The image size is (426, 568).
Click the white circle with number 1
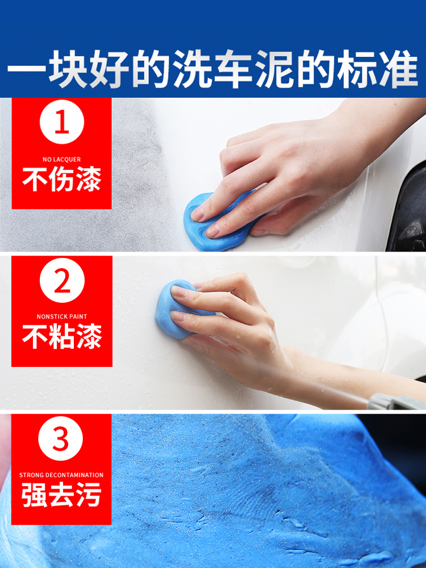click(61, 122)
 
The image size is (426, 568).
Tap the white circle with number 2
click(62, 280)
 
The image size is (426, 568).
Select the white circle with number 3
click(61, 438)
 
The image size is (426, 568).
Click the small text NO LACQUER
click(61, 160)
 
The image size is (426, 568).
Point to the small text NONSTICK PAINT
click(62, 316)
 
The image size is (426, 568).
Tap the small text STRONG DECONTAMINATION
click(61, 475)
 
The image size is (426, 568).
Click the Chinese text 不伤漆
click(61, 179)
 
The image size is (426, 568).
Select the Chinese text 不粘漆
click(62, 336)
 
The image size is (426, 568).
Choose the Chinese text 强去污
click(61, 495)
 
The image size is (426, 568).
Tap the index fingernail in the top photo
click(198, 214)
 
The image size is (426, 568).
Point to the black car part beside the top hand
click(407, 210)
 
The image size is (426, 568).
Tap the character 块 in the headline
click(68, 69)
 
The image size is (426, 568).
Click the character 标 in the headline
click(357, 69)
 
